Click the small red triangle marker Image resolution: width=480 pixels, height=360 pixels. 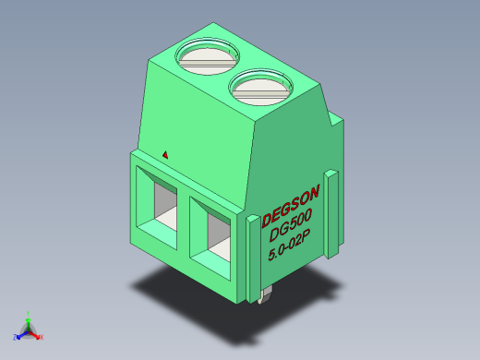[x=165, y=154]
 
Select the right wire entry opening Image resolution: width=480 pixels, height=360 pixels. [x=214, y=233]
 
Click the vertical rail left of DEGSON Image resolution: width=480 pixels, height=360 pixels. [x=252, y=258]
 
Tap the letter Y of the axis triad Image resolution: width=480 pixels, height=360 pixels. [x=29, y=312]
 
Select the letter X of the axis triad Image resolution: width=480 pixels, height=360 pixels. [x=42, y=338]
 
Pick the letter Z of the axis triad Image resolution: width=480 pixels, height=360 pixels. [x=15, y=337]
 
